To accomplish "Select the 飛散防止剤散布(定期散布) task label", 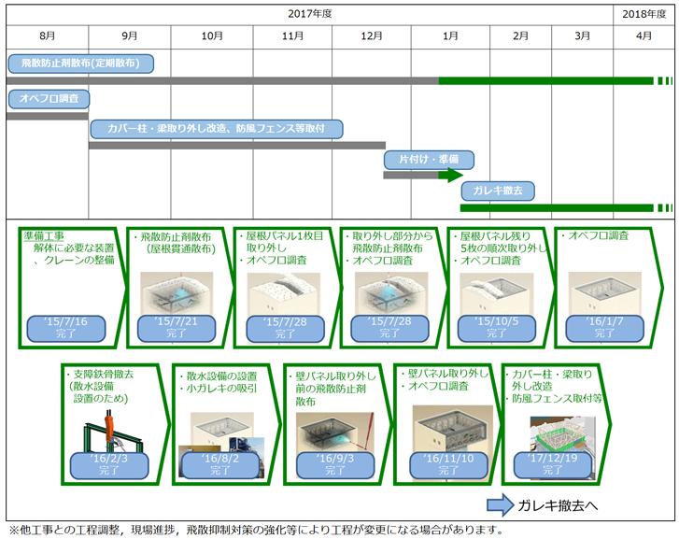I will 79,64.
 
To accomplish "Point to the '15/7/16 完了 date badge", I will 64,326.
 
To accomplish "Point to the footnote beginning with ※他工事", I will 252,530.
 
